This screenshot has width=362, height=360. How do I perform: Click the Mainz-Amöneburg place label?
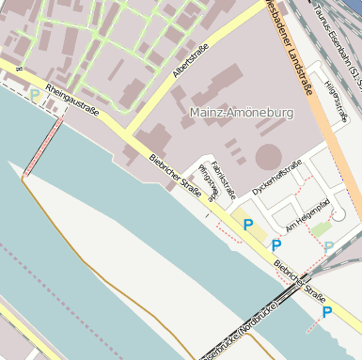[x=242, y=113]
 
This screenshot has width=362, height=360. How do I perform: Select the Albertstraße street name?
[x=190, y=60]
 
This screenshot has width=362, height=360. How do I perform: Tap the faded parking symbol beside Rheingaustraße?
[x=35, y=95]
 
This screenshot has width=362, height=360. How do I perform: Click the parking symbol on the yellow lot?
[x=248, y=225]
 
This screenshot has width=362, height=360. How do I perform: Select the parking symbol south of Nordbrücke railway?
[x=326, y=312]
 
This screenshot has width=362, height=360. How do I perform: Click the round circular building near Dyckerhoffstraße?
[x=269, y=156]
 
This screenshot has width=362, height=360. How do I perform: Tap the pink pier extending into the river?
[x=44, y=145]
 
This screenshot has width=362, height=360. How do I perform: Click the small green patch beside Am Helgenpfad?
[x=323, y=228]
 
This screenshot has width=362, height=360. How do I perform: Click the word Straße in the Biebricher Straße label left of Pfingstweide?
[x=188, y=188]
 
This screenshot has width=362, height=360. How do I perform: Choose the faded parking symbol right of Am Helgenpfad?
[x=328, y=247]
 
